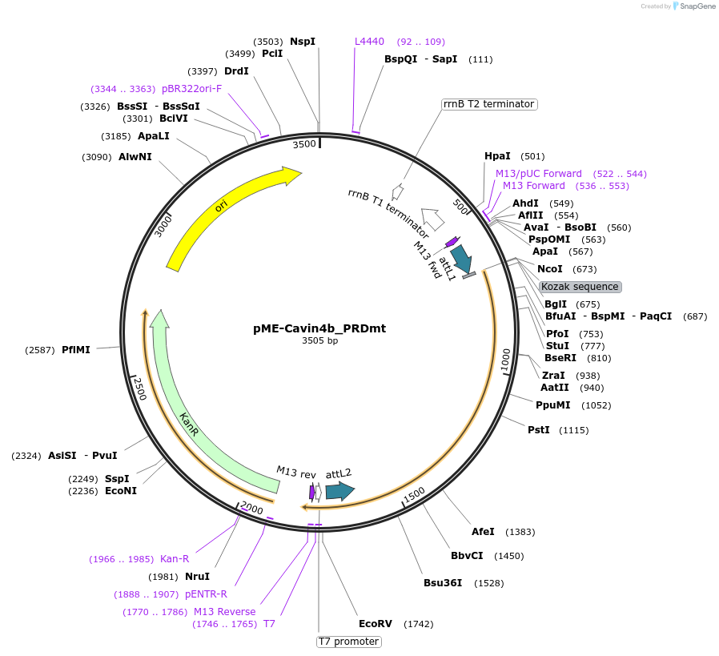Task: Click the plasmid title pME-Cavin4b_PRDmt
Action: click(x=319, y=328)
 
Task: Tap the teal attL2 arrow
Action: click(x=339, y=491)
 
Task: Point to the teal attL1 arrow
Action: click(x=461, y=259)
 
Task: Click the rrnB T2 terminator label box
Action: click(x=488, y=104)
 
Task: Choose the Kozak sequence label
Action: click(x=580, y=287)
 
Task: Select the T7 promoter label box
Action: click(x=348, y=642)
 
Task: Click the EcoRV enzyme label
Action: click(x=376, y=623)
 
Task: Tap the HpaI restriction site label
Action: click(x=498, y=156)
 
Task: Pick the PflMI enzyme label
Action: click(x=76, y=349)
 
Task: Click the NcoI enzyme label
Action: click(x=550, y=268)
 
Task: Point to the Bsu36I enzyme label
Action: click(x=443, y=582)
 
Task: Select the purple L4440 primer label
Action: click(x=369, y=42)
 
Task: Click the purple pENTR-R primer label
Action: click(x=206, y=594)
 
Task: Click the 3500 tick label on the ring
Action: click(x=304, y=144)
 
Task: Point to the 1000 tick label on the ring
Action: click(x=505, y=360)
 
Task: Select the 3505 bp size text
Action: click(x=319, y=340)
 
